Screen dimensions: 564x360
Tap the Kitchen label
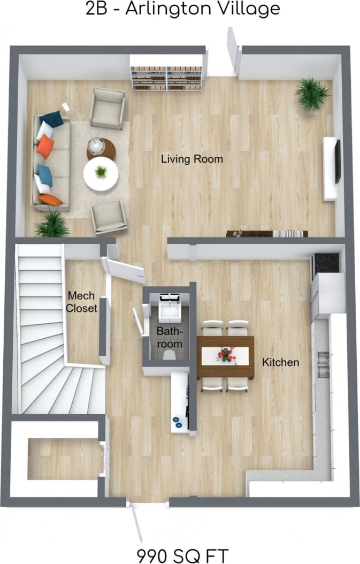click(x=280, y=362)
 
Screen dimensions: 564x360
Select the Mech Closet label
click(x=82, y=302)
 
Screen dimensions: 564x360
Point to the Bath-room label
click(x=169, y=337)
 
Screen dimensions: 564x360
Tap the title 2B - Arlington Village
click(x=182, y=9)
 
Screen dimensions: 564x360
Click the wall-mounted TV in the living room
click(x=337, y=161)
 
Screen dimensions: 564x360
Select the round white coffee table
click(x=101, y=173)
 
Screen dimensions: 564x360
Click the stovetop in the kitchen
click(x=325, y=263)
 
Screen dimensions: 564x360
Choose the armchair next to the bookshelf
click(x=108, y=108)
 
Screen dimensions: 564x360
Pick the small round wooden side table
click(x=101, y=148)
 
